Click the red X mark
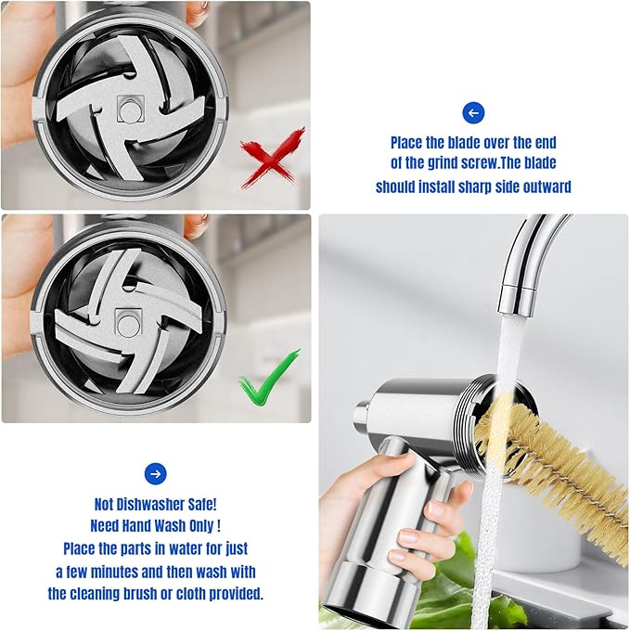(x=271, y=155)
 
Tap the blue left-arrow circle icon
(x=473, y=113)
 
